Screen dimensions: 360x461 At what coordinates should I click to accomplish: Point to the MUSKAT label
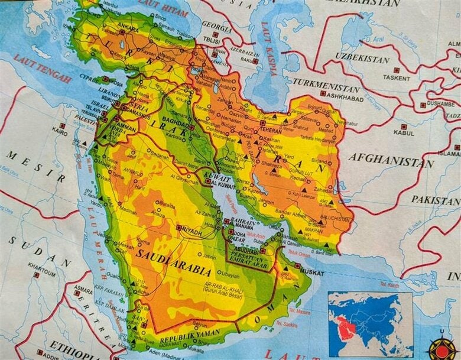pos(312,273)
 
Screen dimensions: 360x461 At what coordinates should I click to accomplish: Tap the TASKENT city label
pos(396,77)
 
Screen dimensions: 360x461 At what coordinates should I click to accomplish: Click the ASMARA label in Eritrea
pos(83,290)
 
